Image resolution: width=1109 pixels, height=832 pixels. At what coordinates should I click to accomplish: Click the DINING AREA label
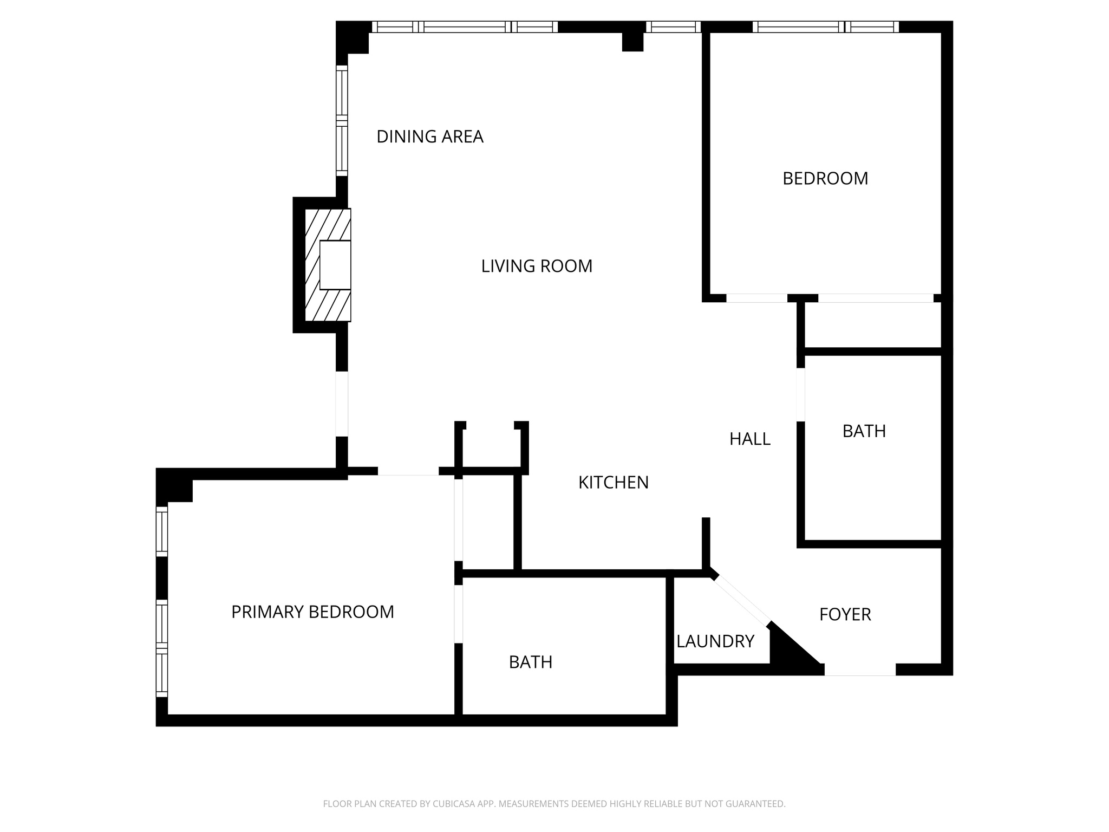(429, 136)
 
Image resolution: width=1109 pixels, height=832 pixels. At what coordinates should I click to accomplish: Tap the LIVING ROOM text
(536, 266)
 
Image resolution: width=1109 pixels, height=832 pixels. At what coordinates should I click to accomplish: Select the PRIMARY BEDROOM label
(312, 612)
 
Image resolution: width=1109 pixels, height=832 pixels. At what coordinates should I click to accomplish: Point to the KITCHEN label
(613, 483)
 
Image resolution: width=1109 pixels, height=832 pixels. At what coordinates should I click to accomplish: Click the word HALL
(749, 439)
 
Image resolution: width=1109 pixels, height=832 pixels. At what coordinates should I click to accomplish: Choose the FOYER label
(845, 615)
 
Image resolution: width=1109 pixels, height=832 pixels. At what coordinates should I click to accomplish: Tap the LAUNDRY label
(715, 641)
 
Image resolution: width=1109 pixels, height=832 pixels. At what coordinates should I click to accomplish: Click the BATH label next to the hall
(864, 431)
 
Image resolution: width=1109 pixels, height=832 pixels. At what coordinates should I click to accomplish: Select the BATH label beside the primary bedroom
(530, 662)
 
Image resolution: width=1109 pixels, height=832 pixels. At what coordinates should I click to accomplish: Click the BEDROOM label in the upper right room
(825, 179)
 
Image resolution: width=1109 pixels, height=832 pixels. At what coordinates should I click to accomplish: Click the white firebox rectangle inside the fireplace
(335, 265)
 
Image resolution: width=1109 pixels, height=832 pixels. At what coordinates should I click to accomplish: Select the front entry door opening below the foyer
(859, 670)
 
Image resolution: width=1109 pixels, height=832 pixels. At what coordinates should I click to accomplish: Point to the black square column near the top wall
(632, 42)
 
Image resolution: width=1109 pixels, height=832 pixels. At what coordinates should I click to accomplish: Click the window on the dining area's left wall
(342, 120)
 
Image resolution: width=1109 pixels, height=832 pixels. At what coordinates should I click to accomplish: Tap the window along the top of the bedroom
(825, 27)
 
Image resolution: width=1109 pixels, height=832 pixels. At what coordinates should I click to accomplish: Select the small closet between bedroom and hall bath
(872, 325)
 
